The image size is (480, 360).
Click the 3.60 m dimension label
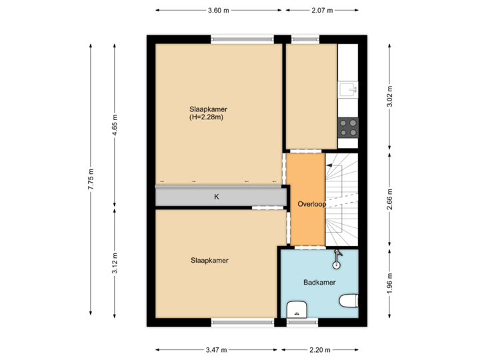[x=218, y=11]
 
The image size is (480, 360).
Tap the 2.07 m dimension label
[x=322, y=11]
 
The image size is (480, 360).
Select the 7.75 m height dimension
[x=91, y=179]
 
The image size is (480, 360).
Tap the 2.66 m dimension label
[x=389, y=199]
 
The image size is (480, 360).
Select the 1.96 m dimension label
[x=389, y=284]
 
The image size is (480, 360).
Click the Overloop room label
[x=311, y=204]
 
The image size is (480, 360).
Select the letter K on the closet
[x=216, y=197]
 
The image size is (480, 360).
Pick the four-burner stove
[x=348, y=127]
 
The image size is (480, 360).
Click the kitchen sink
[x=348, y=89]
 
